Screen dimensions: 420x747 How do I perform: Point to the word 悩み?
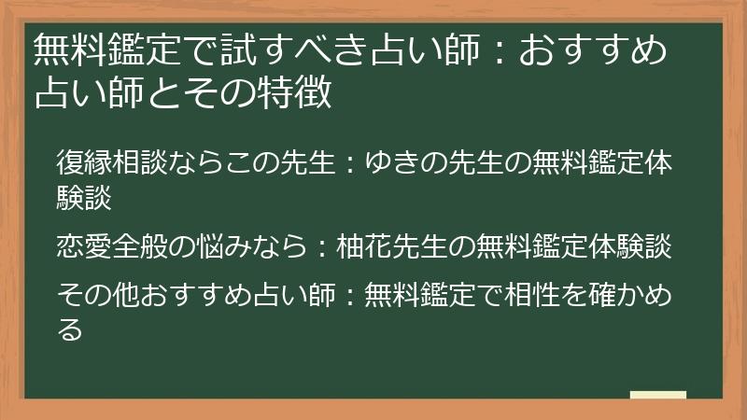[210, 247]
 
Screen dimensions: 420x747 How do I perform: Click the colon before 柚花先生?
[320, 247]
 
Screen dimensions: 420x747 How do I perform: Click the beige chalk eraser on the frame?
[657, 395]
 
